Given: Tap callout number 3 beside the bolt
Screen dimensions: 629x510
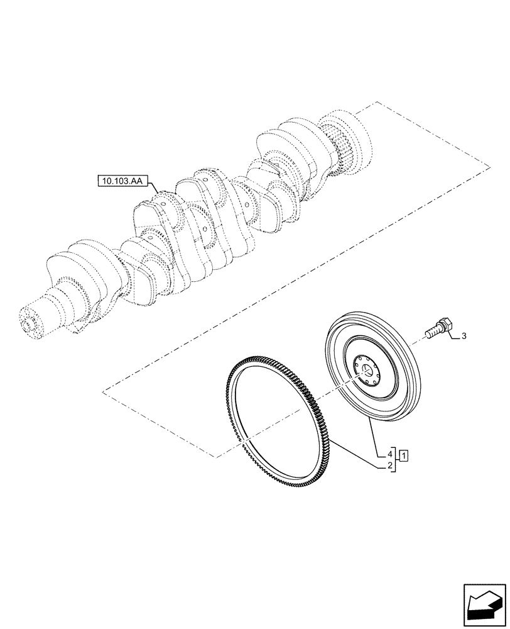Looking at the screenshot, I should (464, 337).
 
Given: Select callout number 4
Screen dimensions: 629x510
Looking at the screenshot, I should (390, 454).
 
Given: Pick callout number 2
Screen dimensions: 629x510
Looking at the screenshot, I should (390, 466).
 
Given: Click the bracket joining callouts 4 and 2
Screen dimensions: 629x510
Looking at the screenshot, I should (396, 460).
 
